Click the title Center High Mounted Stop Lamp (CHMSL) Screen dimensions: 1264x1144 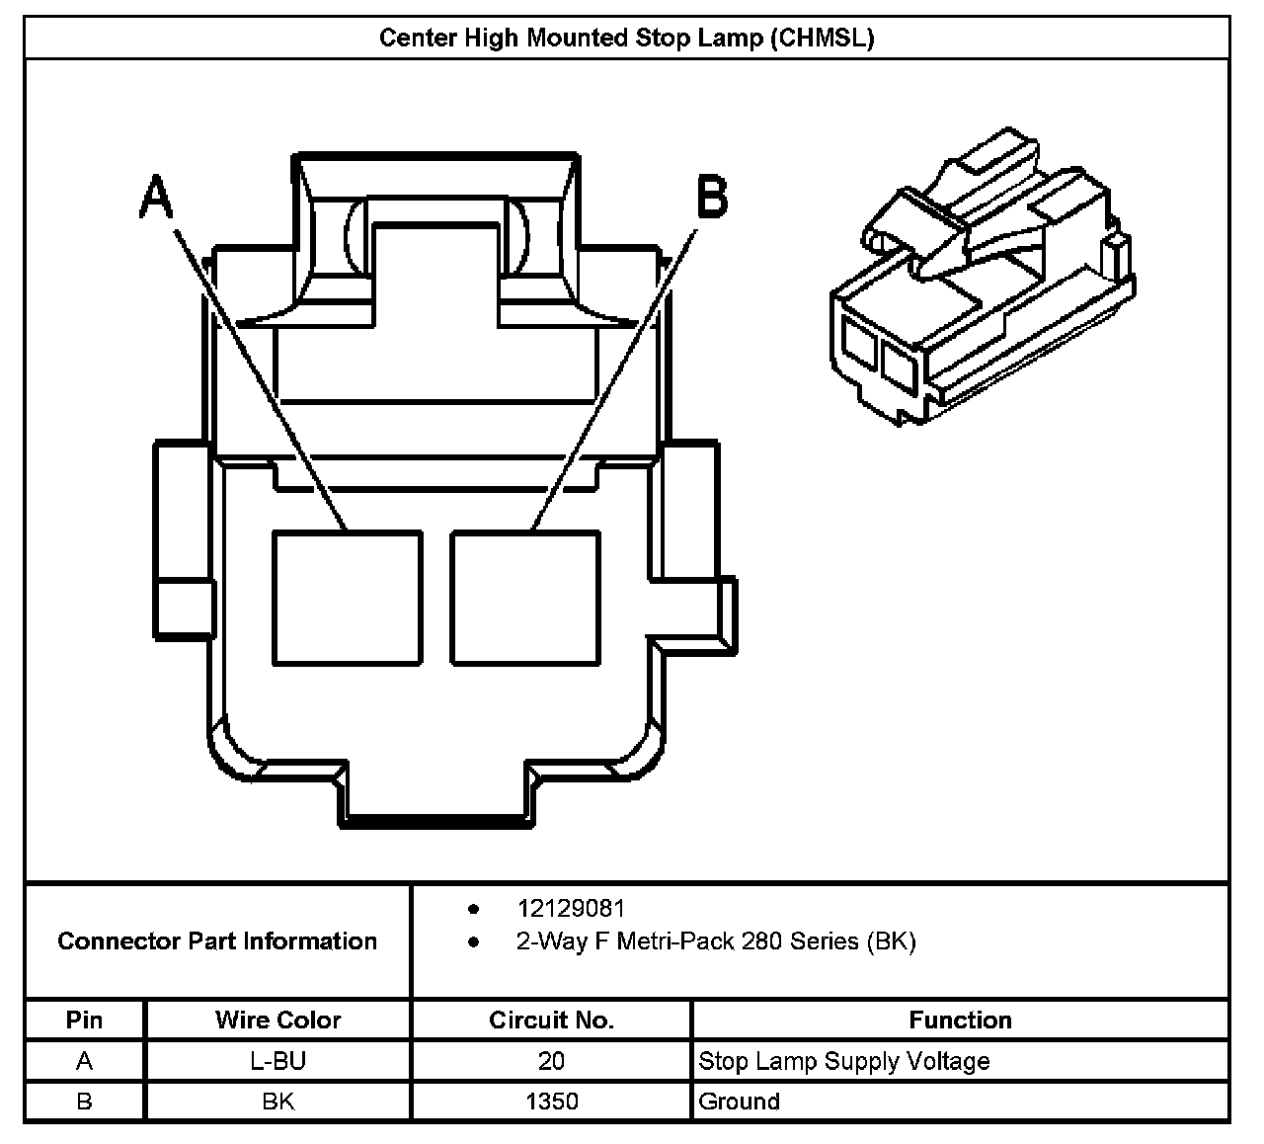coord(626,38)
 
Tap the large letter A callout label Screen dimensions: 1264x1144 coord(156,197)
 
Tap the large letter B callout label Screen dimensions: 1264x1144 coord(712,197)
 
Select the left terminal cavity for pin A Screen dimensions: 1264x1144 coord(348,598)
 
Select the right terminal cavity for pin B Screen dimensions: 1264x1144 coord(525,598)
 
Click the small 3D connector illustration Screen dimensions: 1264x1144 coord(983,277)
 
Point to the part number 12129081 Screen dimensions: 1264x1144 coord(571,909)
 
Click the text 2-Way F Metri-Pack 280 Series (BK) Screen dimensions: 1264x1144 coord(716,941)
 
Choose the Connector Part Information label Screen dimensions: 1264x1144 coord(217,940)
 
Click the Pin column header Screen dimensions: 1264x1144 coord(84,1021)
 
